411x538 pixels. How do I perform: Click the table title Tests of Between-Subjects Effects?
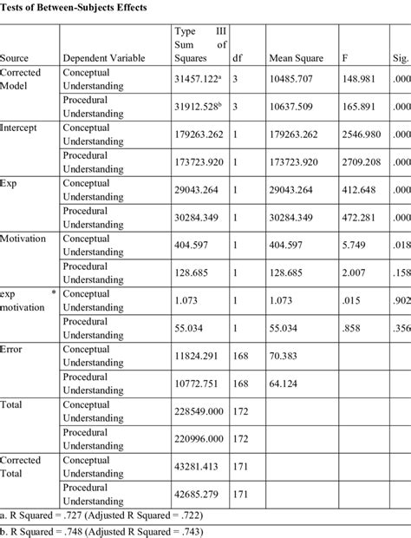tap(73, 7)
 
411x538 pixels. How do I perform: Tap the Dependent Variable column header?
tap(110, 58)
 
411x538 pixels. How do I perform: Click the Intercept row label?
tap(23, 128)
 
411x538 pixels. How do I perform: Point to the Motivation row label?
tap(24, 238)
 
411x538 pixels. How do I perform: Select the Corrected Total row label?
tap(21, 466)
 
